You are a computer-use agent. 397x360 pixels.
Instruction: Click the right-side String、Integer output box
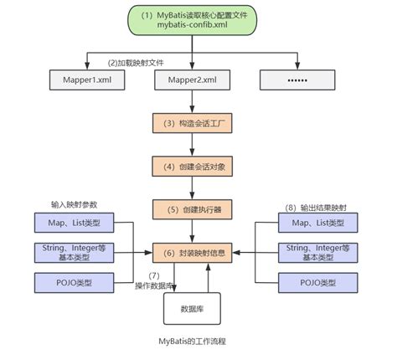tap(317, 251)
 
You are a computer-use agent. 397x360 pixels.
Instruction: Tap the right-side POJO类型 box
tap(317, 280)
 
